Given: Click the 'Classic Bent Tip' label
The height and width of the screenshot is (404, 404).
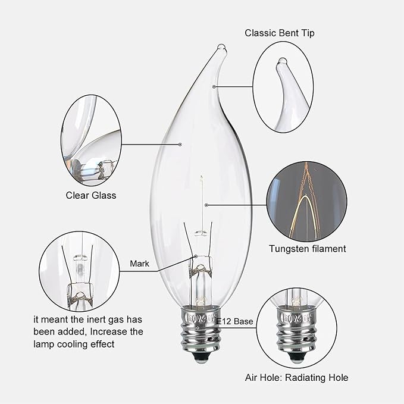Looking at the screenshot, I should point(280,33).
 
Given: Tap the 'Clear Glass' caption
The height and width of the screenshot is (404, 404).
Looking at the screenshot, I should point(91,195).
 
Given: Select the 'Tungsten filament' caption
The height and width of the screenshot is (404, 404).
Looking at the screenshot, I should point(307,249).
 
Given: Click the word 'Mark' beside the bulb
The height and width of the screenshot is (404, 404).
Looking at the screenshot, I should point(139,262).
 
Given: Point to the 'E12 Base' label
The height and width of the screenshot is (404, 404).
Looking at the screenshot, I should point(235,321).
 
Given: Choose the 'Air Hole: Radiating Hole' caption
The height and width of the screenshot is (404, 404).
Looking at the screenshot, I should point(296,377).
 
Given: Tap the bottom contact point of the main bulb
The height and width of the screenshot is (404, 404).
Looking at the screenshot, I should point(201,359).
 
